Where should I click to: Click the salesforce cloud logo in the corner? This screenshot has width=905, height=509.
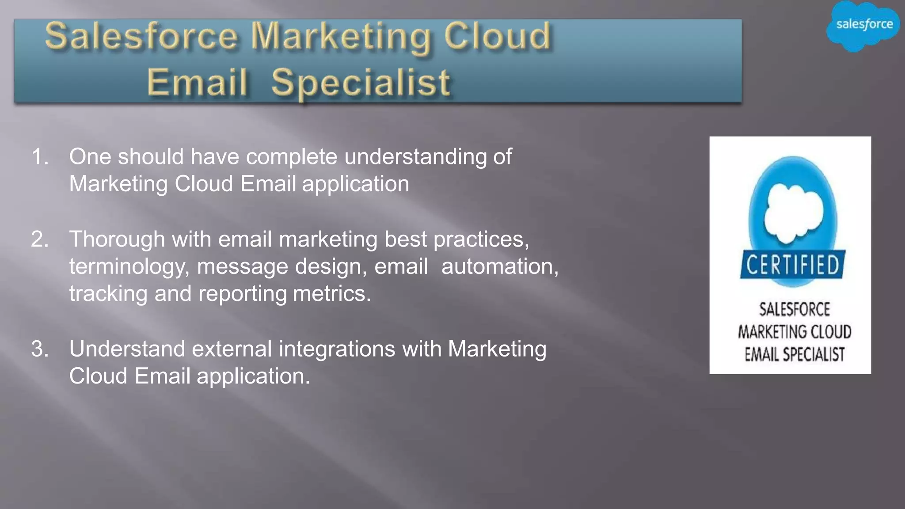tap(863, 25)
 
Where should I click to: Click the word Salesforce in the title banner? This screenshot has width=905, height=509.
tap(141, 36)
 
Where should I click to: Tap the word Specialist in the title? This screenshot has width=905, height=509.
tap(361, 83)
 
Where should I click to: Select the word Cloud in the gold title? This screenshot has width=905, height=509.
tap(498, 36)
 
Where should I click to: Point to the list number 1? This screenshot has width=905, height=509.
tap(39, 157)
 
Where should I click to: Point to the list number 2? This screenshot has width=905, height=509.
tap(39, 239)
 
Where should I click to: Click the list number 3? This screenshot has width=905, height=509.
tap(39, 349)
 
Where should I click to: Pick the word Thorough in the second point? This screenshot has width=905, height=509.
tap(117, 239)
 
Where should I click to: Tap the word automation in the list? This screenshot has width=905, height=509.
tap(500, 267)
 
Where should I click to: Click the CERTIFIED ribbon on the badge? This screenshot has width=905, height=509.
tap(793, 265)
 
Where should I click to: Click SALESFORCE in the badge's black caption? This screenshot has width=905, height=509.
tap(795, 309)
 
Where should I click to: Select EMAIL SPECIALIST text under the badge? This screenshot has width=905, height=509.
tap(795, 354)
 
